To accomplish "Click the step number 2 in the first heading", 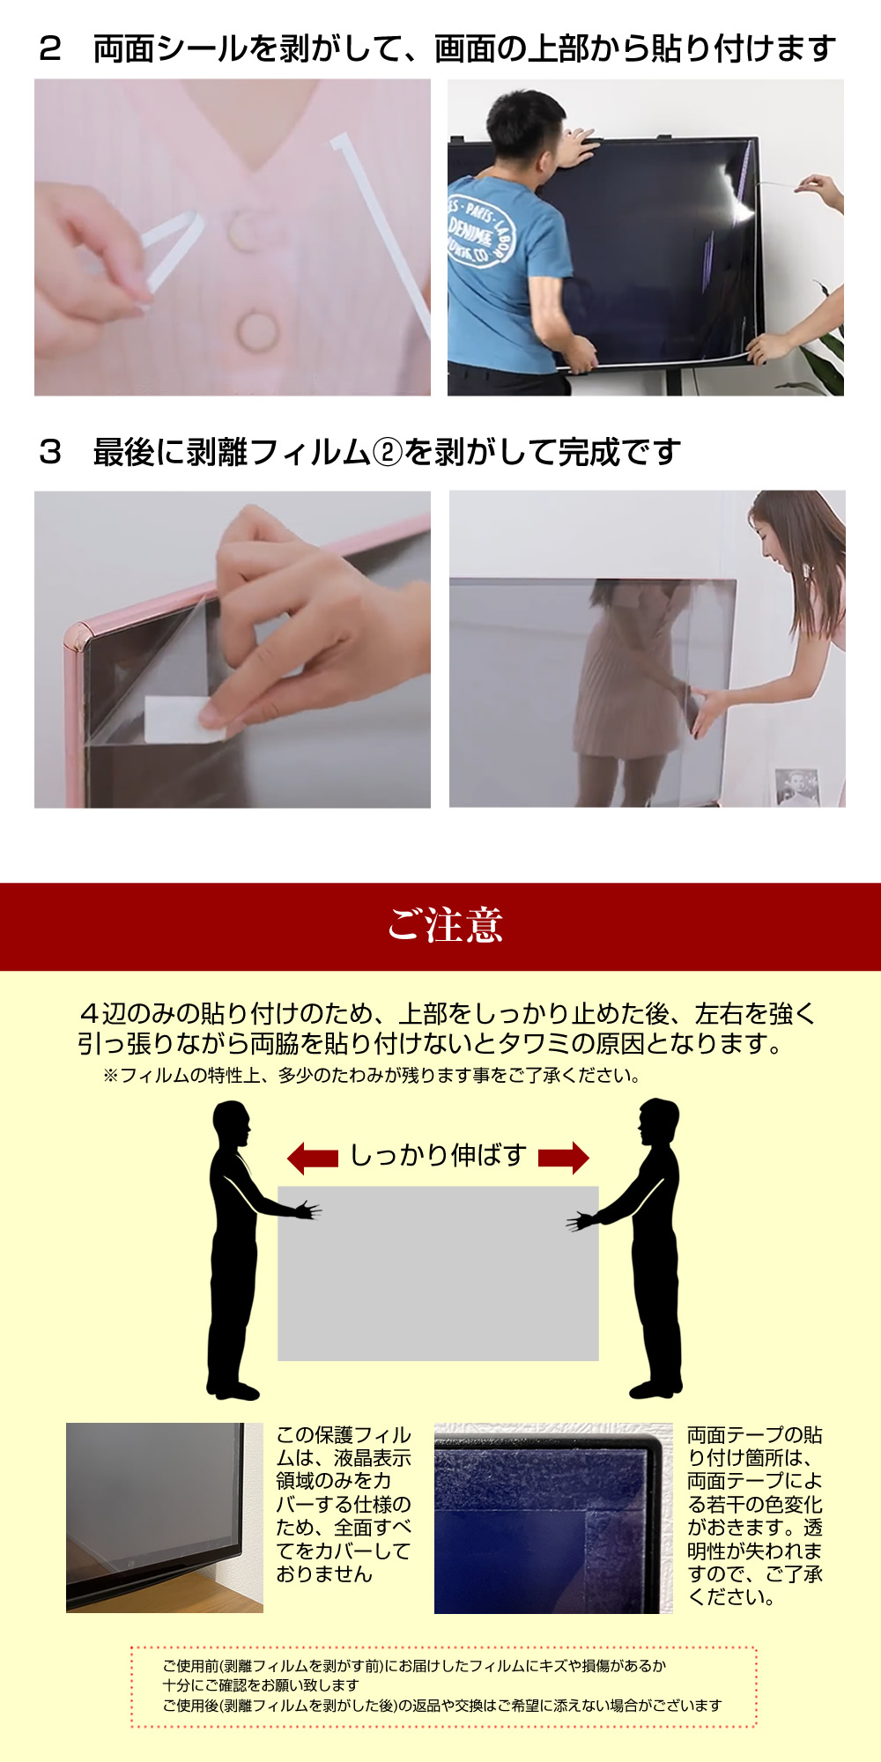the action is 49,49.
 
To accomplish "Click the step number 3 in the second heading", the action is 49,453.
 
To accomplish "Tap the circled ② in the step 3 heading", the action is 387,453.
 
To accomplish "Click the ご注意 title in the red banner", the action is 445,925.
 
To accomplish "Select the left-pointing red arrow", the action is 313,1158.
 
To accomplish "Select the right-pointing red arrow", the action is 564,1158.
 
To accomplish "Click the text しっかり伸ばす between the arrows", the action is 439,1155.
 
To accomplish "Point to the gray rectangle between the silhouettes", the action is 438,1273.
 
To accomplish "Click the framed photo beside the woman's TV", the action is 797,787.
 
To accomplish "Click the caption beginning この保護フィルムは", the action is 344,1504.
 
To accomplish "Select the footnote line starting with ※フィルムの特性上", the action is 372,1076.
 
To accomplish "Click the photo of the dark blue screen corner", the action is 553,1518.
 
